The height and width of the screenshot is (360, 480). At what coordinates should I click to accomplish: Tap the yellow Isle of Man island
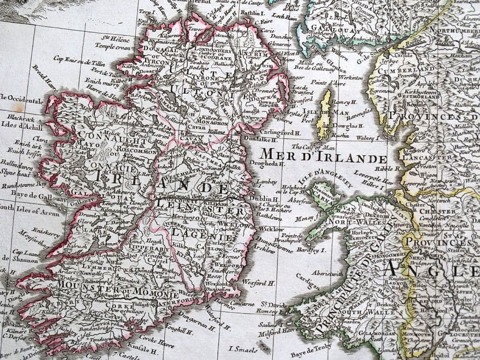(325, 107)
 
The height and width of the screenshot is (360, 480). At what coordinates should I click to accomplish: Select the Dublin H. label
(261, 198)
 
